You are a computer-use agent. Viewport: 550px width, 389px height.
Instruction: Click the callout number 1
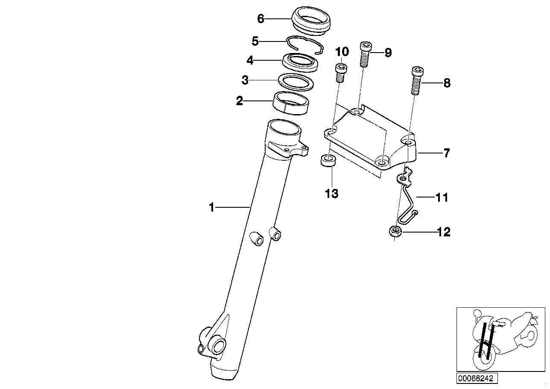point(211,208)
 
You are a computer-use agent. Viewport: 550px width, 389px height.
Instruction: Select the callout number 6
point(261,19)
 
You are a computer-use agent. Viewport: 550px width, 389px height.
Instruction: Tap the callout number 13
point(331,194)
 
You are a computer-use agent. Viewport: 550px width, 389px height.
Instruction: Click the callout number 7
point(447,153)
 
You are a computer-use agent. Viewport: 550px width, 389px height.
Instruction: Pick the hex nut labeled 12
point(394,232)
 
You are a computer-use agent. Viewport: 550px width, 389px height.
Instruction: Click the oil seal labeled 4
point(301,61)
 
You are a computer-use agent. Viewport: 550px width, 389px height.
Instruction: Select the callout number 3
point(245,80)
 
